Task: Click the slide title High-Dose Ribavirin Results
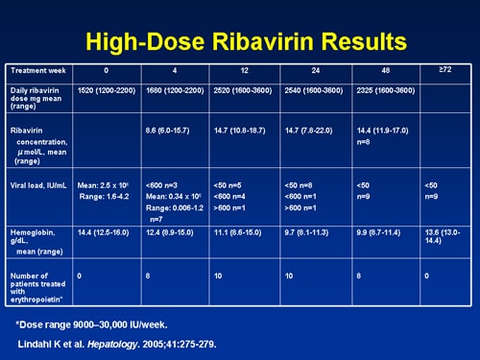[245, 41]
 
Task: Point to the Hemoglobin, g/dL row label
[36, 238]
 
